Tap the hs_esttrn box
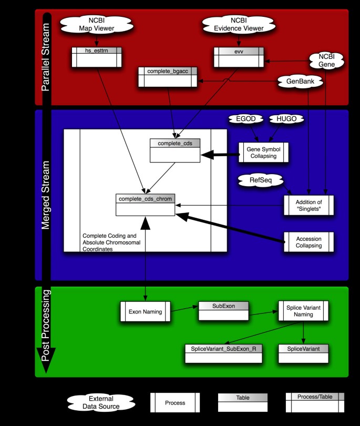[96, 57]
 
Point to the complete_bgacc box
[167, 77]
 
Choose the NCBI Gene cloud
[326, 60]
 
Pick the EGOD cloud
[245, 119]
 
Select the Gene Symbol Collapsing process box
[265, 153]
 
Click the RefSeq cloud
[260, 180]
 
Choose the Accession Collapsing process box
[309, 242]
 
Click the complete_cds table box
[174, 150]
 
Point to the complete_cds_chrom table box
[146, 205]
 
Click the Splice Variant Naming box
[303, 311]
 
